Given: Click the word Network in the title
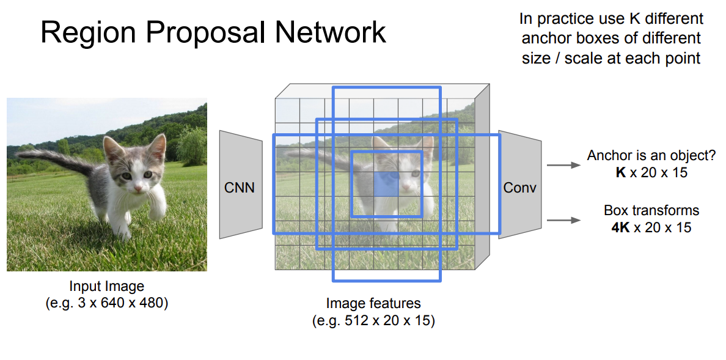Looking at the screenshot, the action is tap(329, 32).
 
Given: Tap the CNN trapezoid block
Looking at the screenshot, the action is tap(240, 187).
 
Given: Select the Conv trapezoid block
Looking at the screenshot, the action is tap(519, 187).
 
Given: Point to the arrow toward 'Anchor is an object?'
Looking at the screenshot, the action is tap(563, 165).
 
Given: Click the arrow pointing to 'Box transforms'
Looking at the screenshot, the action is tap(563, 220).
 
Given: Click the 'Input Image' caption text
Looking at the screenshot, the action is tap(107, 286).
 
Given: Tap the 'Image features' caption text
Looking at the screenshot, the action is tap(373, 303).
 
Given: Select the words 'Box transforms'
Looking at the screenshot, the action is tap(651, 211).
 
